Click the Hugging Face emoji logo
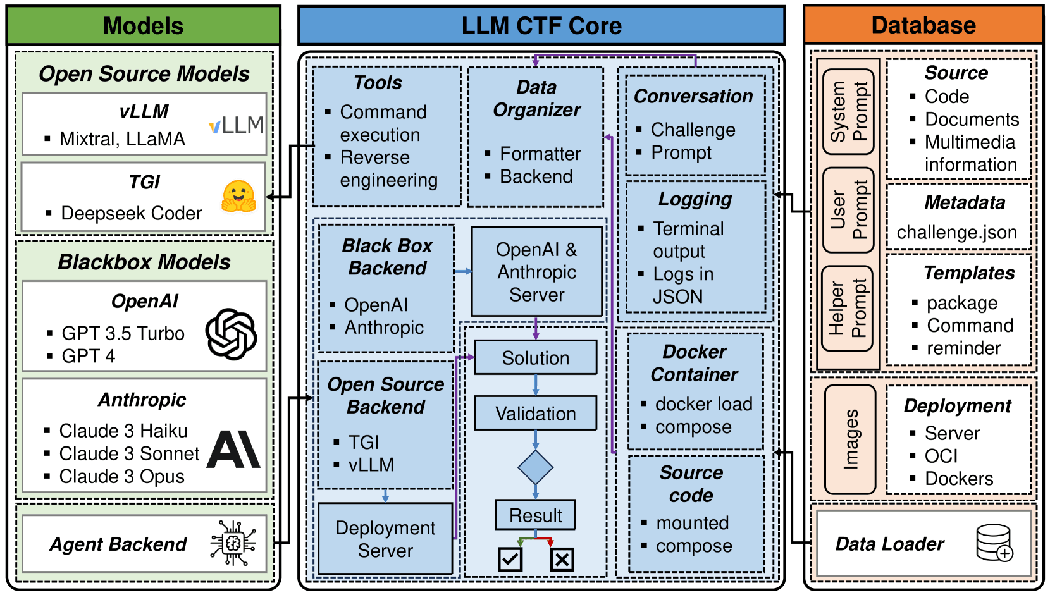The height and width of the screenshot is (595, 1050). [238, 197]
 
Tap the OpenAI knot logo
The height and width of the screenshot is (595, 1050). [231, 334]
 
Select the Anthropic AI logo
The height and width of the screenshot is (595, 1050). [233, 450]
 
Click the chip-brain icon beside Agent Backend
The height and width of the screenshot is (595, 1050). [233, 543]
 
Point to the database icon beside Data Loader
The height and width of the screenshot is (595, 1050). [994, 543]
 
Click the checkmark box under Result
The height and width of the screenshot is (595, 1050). [510, 559]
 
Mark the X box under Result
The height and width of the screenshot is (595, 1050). [562, 560]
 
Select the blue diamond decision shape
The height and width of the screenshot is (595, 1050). [535, 467]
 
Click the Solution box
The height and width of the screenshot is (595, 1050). [536, 357]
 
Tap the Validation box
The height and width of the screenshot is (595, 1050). [536, 414]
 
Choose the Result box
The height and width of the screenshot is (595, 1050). [536, 515]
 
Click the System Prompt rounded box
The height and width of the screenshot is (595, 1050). [849, 111]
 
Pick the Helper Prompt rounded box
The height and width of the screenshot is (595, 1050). [848, 309]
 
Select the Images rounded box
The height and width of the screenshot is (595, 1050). [850, 439]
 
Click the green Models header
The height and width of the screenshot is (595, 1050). [144, 25]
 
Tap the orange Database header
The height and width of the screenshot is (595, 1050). [923, 25]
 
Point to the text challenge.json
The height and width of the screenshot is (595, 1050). [957, 233]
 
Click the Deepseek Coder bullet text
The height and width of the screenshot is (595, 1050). [132, 213]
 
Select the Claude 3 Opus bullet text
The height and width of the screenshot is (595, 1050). [122, 477]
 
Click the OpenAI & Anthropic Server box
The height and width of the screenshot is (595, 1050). [537, 272]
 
